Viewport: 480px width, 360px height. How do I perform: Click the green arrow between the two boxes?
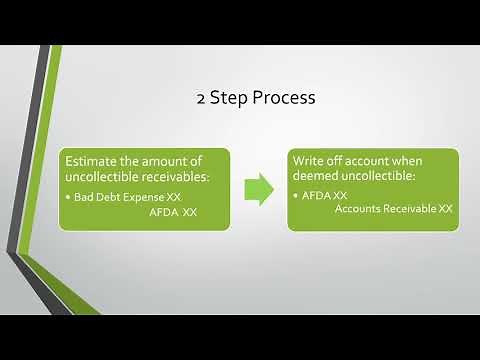point(259,189)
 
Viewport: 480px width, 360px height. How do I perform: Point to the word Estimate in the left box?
point(91,160)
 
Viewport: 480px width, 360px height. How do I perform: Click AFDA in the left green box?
point(163,213)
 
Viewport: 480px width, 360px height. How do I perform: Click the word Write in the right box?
point(311,160)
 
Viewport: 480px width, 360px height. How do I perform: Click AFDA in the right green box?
point(315,194)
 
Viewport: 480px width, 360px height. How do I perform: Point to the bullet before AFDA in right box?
point(296,194)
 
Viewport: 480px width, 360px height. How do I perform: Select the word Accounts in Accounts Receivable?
point(359,208)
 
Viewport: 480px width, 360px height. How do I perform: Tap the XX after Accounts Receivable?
point(445,208)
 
